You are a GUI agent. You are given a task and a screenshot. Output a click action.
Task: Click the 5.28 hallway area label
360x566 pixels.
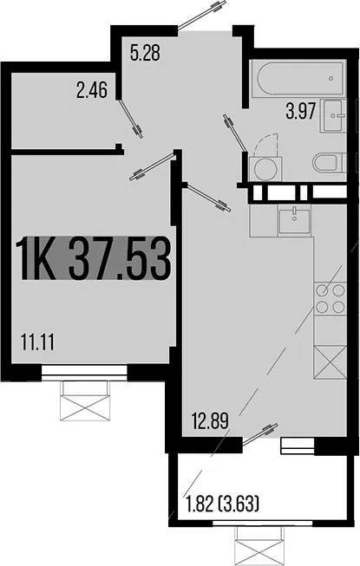[145, 54]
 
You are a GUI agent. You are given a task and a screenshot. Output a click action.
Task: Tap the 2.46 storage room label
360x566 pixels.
[92, 90]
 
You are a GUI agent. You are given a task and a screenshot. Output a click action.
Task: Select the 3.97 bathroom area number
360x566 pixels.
[301, 111]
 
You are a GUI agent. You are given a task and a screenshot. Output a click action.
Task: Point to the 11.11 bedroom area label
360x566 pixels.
[37, 342]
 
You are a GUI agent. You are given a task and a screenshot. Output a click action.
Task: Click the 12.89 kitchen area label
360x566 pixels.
[210, 421]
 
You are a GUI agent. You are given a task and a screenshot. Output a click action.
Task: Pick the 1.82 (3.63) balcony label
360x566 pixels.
[222, 504]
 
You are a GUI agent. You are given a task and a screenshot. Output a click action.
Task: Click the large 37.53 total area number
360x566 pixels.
[120, 258]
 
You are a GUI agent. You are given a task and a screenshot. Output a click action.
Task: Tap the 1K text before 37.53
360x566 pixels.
[36, 258]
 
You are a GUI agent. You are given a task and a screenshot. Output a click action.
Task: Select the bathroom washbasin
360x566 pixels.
[333, 116]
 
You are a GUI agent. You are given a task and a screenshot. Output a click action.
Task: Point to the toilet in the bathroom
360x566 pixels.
[330, 163]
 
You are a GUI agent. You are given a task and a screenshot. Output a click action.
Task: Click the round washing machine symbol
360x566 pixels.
[265, 169]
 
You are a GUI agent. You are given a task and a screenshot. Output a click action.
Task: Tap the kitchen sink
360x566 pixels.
[294, 219]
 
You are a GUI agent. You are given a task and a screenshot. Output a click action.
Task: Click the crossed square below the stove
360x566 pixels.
[331, 362]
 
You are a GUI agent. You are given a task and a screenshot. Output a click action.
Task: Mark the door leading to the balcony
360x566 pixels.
[259, 434]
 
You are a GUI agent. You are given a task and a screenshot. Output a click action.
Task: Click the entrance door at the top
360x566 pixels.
[203, 15]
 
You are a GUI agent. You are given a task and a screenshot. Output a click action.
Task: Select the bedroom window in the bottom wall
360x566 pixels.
[84, 372]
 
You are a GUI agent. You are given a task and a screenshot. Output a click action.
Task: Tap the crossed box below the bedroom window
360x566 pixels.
[84, 400]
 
